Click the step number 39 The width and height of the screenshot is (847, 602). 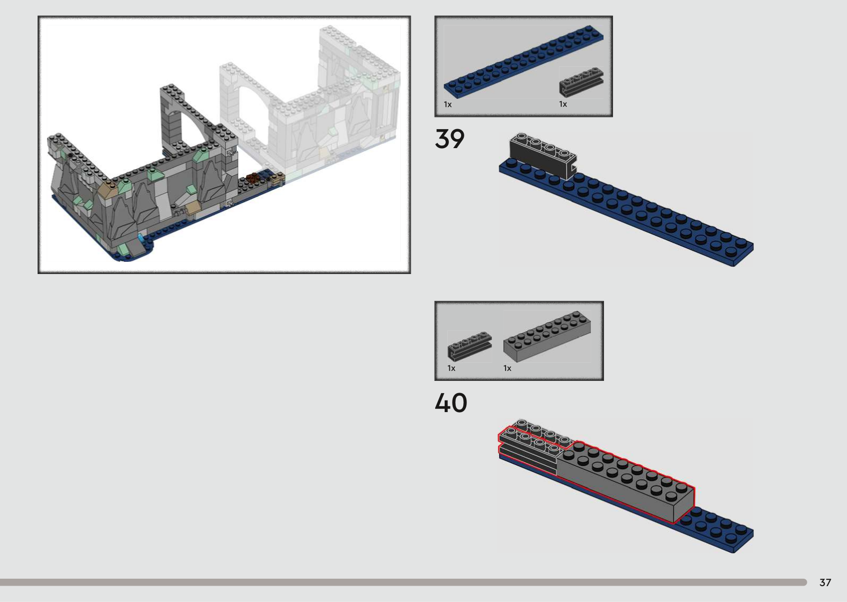point(449,139)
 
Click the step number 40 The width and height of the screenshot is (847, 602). point(450,403)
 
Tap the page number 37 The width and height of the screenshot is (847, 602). point(825,582)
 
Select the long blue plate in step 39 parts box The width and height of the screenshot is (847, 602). point(524,62)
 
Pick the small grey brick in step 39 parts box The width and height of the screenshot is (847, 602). point(581,83)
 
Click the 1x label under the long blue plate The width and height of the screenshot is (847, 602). point(448,104)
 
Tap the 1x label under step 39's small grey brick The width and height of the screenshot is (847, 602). point(563,104)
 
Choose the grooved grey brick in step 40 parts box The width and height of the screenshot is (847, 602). point(470,346)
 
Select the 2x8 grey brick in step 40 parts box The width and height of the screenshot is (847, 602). point(547,336)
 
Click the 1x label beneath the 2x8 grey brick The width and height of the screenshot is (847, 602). point(508,368)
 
